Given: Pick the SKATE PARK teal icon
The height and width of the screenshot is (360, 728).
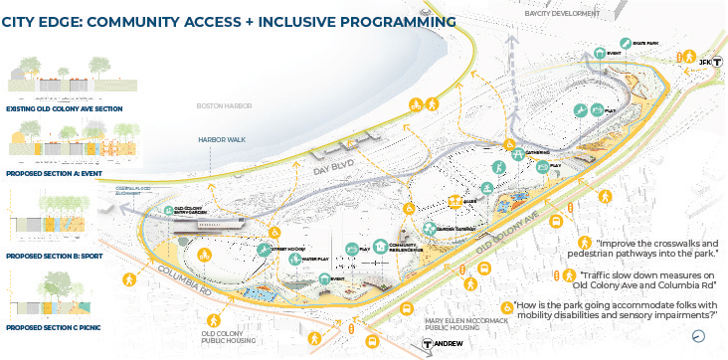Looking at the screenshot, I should [x=600, y=53].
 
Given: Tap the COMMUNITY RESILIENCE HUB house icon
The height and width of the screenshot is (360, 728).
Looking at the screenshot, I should [x=381, y=248].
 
